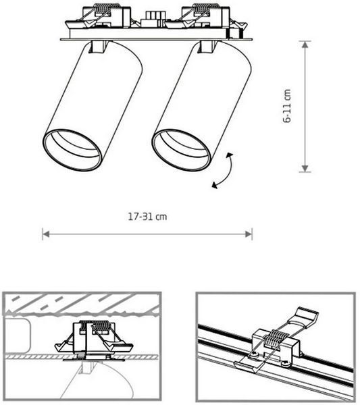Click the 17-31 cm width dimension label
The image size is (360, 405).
tap(147, 217)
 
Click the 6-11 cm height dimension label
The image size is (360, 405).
tap(287, 106)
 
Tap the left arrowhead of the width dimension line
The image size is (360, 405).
tap(45, 234)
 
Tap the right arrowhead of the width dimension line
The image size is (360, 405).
tap(249, 234)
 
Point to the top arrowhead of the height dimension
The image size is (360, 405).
tap(305, 44)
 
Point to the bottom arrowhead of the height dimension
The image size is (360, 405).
tap(305, 168)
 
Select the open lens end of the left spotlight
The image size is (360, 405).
tap(72, 150)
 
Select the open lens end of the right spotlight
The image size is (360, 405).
tap(181, 150)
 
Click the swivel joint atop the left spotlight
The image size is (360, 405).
tap(98, 47)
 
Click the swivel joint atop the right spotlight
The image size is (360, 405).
tap(207, 47)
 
